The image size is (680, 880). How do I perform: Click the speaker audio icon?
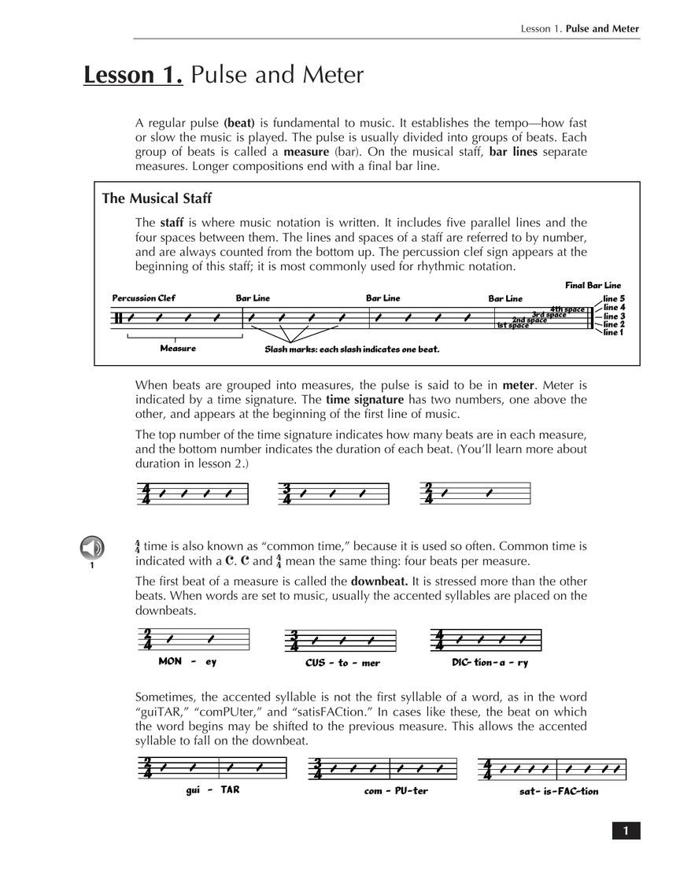pos(92,546)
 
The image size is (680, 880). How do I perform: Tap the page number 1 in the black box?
pos(626,830)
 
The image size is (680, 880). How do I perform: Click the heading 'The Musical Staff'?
pos(157,198)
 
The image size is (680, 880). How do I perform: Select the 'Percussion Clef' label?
pos(143,298)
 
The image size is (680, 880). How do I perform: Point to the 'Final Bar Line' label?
pos(593,285)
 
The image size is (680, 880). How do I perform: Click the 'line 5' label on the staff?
pos(614,299)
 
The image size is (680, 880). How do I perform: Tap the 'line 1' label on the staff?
pos(614,332)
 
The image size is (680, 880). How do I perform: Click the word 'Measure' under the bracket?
pos(178,348)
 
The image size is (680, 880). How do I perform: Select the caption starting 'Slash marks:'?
pos(352,349)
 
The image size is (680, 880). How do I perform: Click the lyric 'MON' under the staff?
pos(170,661)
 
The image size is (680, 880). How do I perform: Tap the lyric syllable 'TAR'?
pos(230,789)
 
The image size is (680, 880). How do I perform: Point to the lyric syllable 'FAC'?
pos(568,791)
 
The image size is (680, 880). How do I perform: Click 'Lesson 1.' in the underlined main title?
pos(133,75)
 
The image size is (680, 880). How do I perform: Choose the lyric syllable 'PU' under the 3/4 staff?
pos(399,790)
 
